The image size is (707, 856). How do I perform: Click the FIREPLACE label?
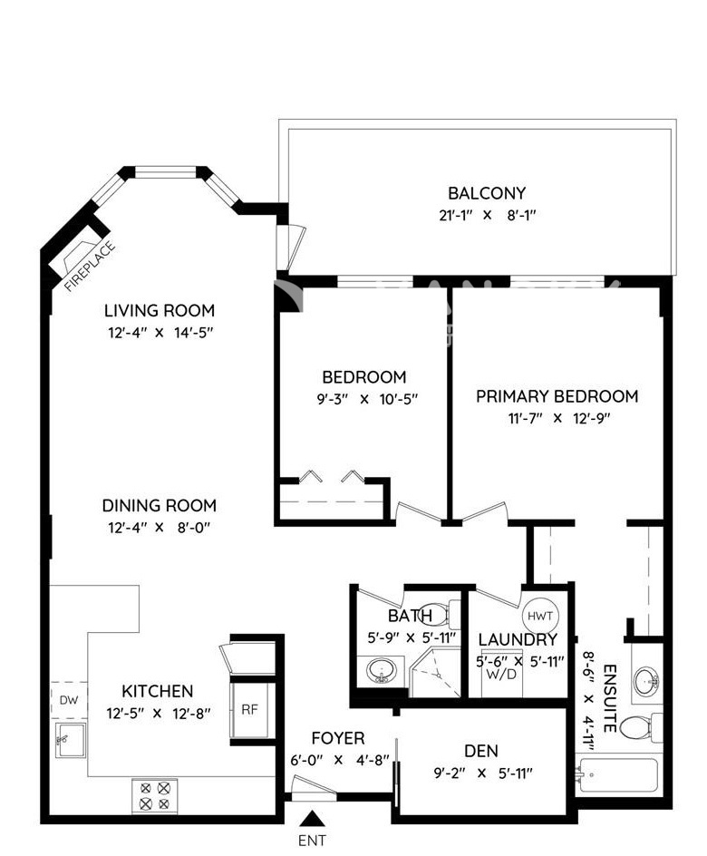[90, 267]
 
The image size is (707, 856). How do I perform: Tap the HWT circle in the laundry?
[540, 616]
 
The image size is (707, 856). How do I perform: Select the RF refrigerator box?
[249, 710]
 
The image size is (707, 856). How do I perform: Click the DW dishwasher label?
[69, 700]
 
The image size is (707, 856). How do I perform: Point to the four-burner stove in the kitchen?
[154, 796]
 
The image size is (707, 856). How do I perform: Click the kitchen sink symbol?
[70, 740]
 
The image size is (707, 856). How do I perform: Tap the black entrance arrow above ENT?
[312, 818]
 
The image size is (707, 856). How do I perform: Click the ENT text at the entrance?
[312, 841]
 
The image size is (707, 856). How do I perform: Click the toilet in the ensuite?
[642, 726]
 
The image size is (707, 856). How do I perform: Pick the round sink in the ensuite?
[647, 680]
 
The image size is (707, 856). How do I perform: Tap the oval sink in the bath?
[382, 671]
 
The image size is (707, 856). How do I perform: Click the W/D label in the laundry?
[500, 674]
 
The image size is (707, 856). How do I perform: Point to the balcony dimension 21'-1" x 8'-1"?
[487, 215]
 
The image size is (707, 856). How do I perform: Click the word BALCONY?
[487, 193]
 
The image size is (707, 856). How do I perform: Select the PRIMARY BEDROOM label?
[557, 396]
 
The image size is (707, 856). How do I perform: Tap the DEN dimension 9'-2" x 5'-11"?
[483, 773]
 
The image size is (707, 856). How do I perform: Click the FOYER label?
[338, 738]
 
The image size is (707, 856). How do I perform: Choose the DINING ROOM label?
[160, 505]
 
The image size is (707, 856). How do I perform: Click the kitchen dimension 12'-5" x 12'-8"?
[159, 713]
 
